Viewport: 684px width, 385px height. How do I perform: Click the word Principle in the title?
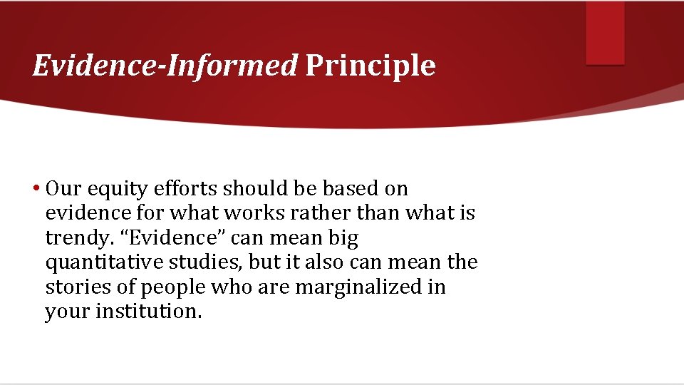(x=370, y=66)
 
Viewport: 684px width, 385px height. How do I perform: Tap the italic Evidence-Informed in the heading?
(x=165, y=66)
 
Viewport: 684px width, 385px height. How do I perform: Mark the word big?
(x=343, y=238)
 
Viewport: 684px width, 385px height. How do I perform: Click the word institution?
(x=150, y=312)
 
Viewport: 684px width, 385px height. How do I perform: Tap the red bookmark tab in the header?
(x=605, y=32)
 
